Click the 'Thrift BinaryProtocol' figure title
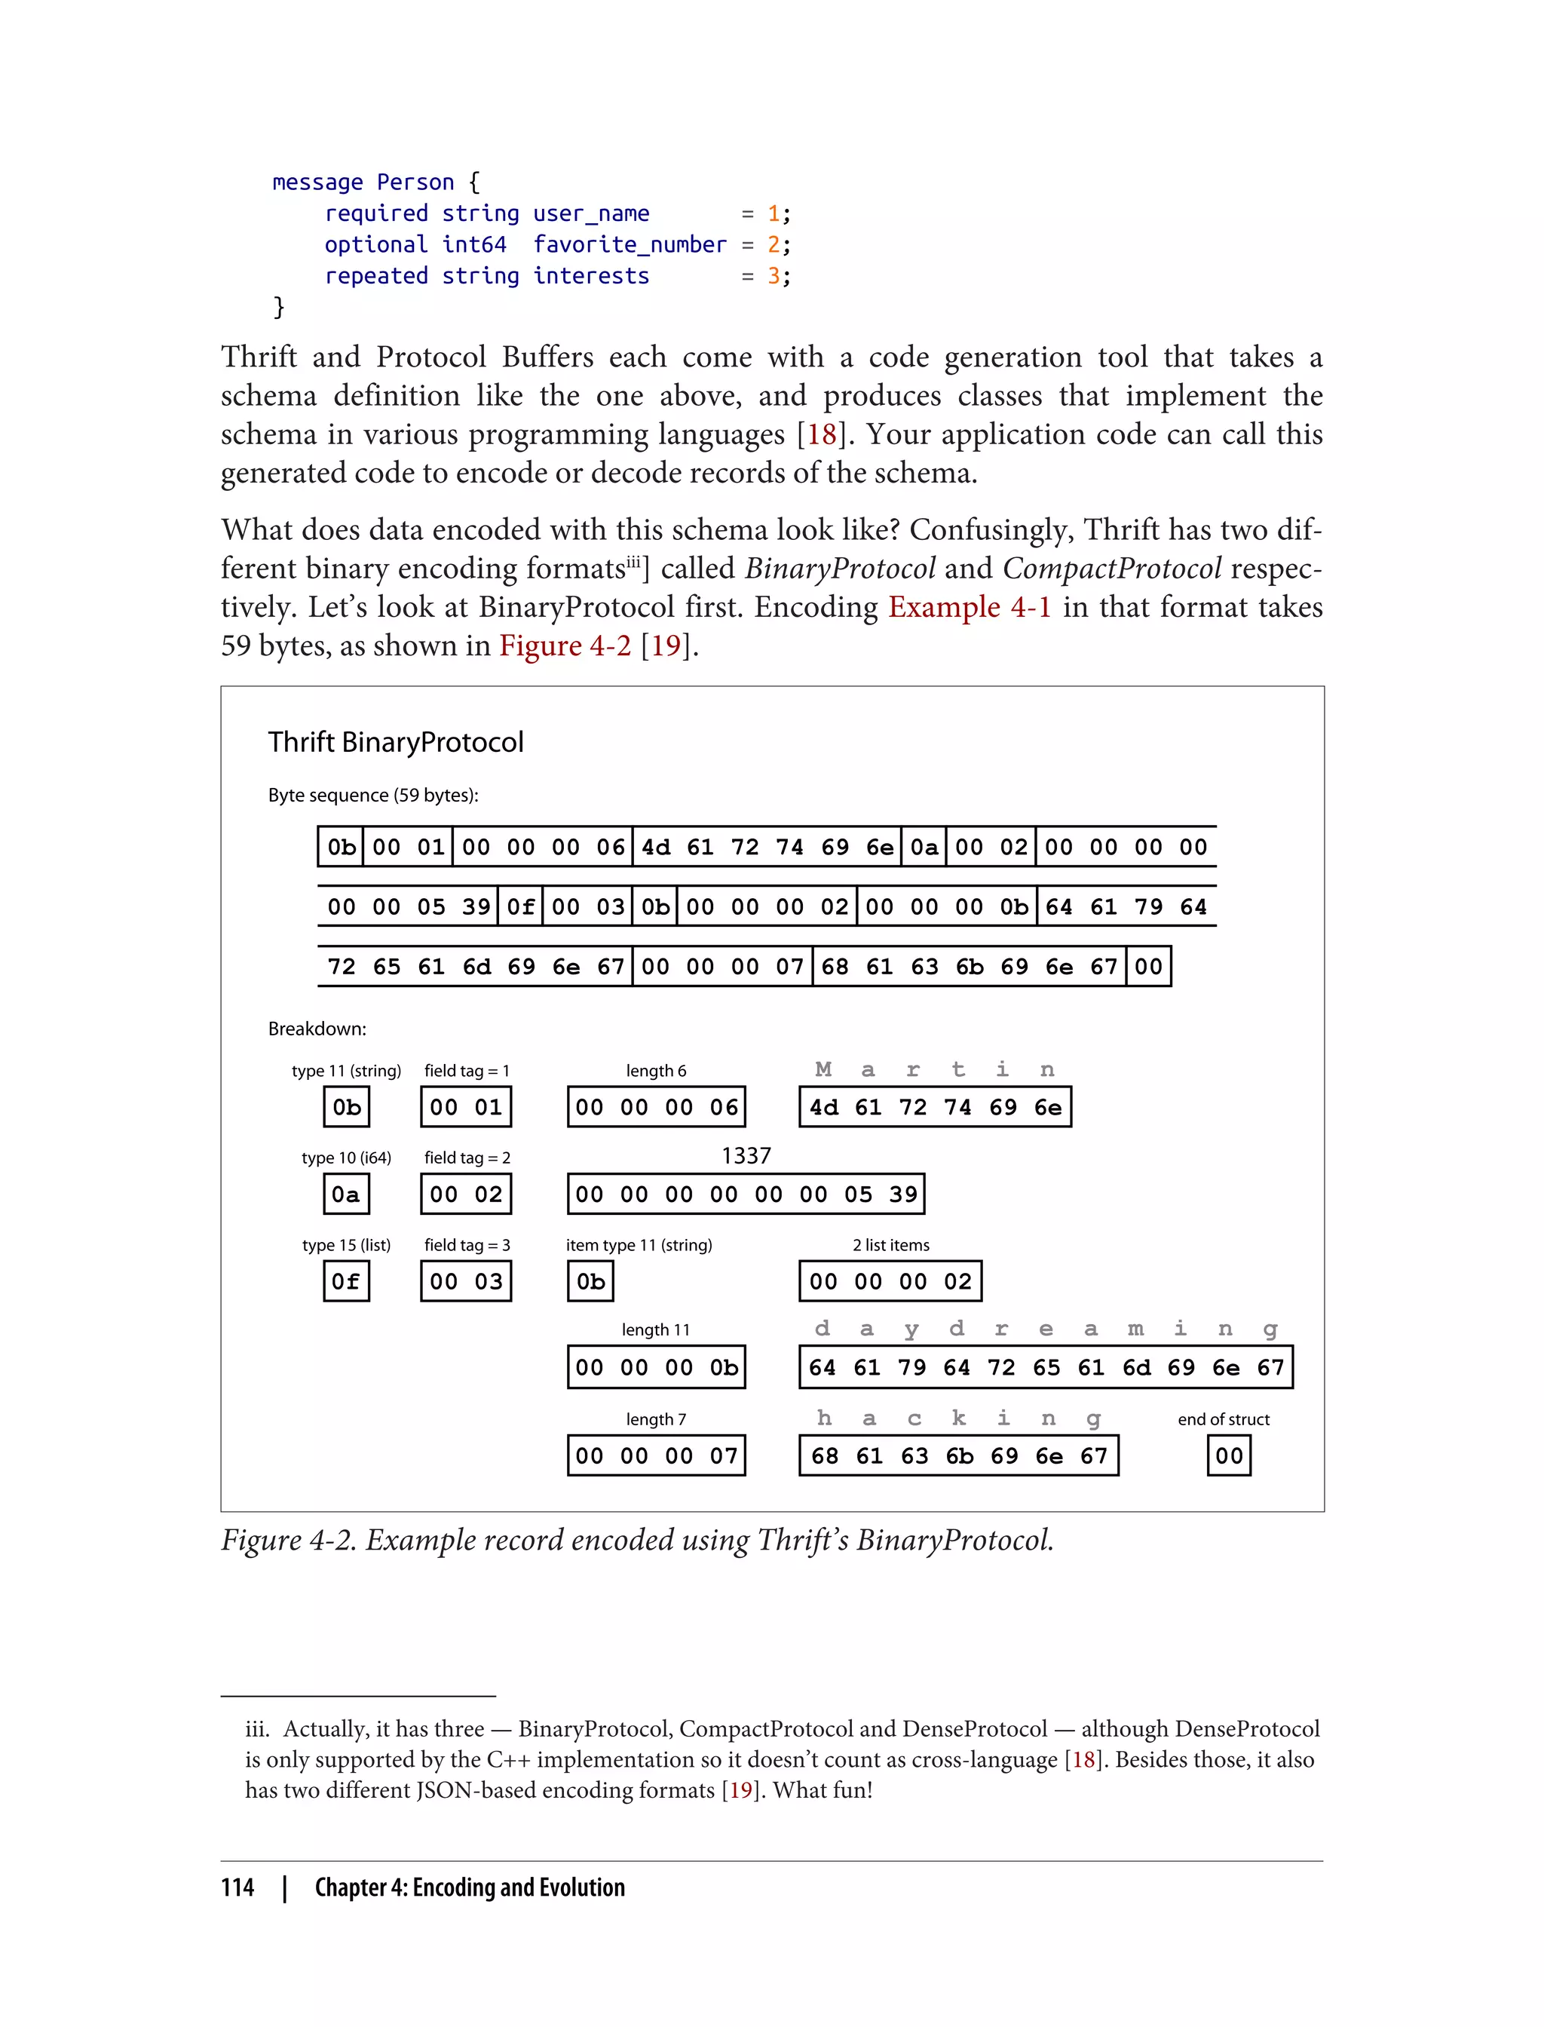coord(395,742)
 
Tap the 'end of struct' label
coord(1224,1419)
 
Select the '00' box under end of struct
coord(1229,1456)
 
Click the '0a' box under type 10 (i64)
coord(345,1194)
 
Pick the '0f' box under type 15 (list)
coord(345,1281)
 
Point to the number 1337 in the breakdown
coord(746,1155)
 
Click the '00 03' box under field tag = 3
coord(466,1281)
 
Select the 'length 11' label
coord(655,1330)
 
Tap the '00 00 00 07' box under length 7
coord(656,1456)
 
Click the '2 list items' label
coord(890,1246)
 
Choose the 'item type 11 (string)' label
coord(639,1246)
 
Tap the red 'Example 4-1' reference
coord(969,608)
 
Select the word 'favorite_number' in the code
coord(630,244)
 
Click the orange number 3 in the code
coord(774,276)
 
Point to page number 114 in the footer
coord(237,1888)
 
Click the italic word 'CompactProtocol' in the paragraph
coord(1112,569)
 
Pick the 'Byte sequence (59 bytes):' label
coord(373,795)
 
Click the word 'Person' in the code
coord(415,182)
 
